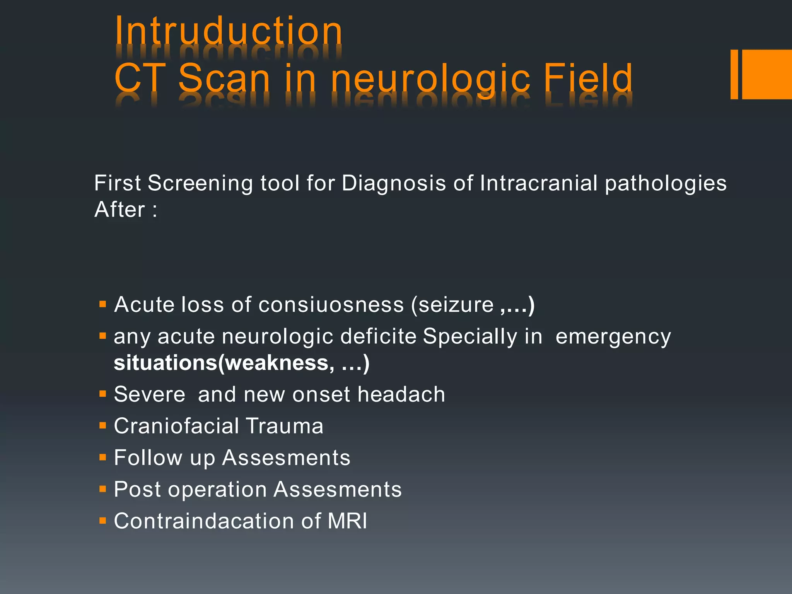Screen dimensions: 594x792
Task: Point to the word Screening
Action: [200, 183]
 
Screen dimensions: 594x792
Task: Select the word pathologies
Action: [666, 183]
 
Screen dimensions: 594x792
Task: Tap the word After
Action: [120, 210]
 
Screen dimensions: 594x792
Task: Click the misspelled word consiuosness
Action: [331, 305]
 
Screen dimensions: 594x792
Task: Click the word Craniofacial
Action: [176, 426]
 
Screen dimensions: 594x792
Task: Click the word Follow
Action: [148, 458]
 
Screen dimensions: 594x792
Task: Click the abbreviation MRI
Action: [347, 521]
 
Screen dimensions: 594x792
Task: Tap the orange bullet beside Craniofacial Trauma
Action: [102, 426]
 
